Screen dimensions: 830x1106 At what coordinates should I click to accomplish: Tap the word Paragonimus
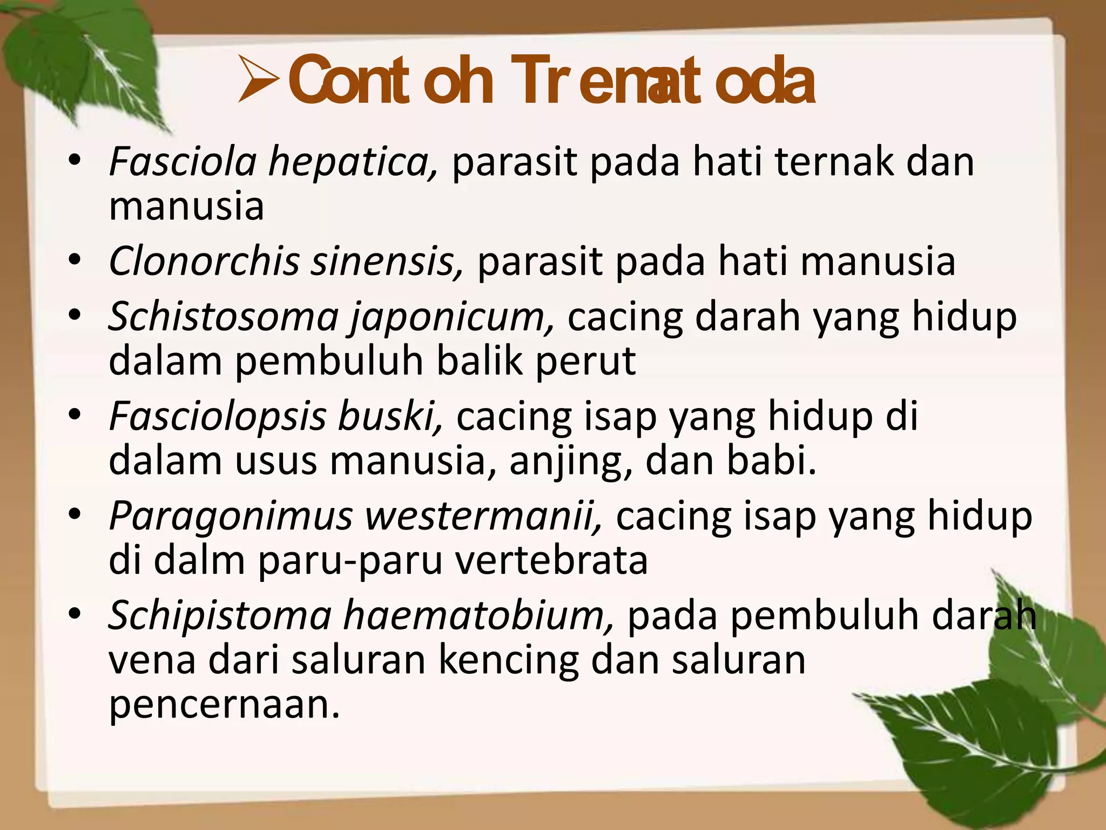[x=231, y=516]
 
